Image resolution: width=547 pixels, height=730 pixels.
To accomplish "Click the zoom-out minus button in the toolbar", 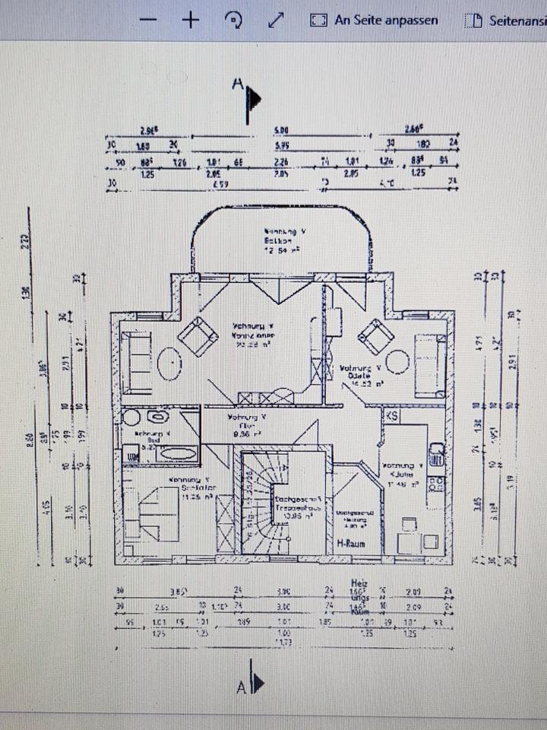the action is [x=150, y=20].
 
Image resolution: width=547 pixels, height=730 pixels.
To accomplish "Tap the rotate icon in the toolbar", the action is [x=234, y=20].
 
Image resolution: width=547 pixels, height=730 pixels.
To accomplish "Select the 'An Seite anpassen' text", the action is [x=386, y=20].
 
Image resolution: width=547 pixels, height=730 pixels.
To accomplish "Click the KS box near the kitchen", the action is [x=392, y=416].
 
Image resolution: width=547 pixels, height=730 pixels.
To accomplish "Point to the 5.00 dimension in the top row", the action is [x=281, y=131].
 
